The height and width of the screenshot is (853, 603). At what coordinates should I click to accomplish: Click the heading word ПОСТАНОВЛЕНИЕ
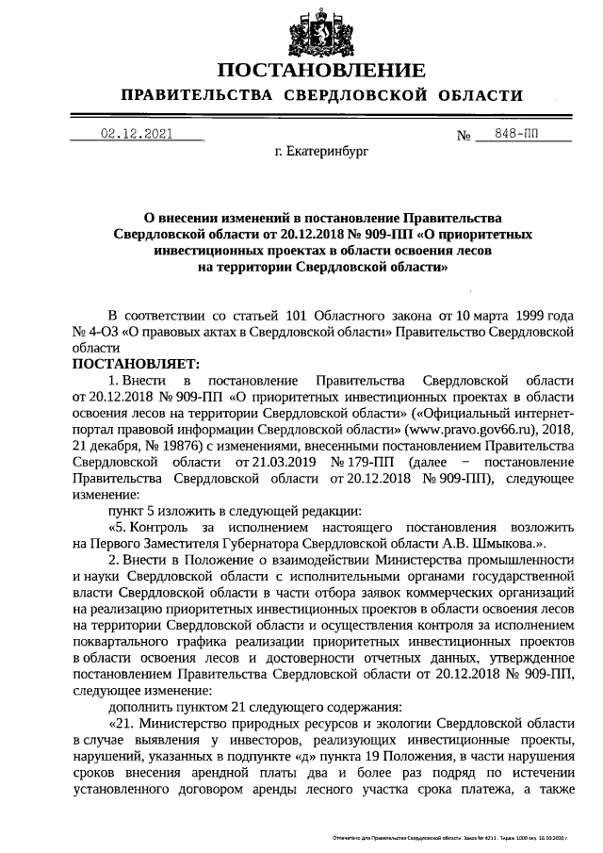pyautogui.click(x=321, y=72)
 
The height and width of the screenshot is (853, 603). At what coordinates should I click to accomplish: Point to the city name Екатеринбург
pyautogui.click(x=321, y=150)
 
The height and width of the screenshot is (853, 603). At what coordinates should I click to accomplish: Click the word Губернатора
pyautogui.click(x=297, y=544)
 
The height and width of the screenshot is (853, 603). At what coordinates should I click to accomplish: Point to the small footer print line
pyautogui.click(x=450, y=837)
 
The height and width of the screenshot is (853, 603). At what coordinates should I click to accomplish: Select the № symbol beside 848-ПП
pyautogui.click(x=464, y=135)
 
